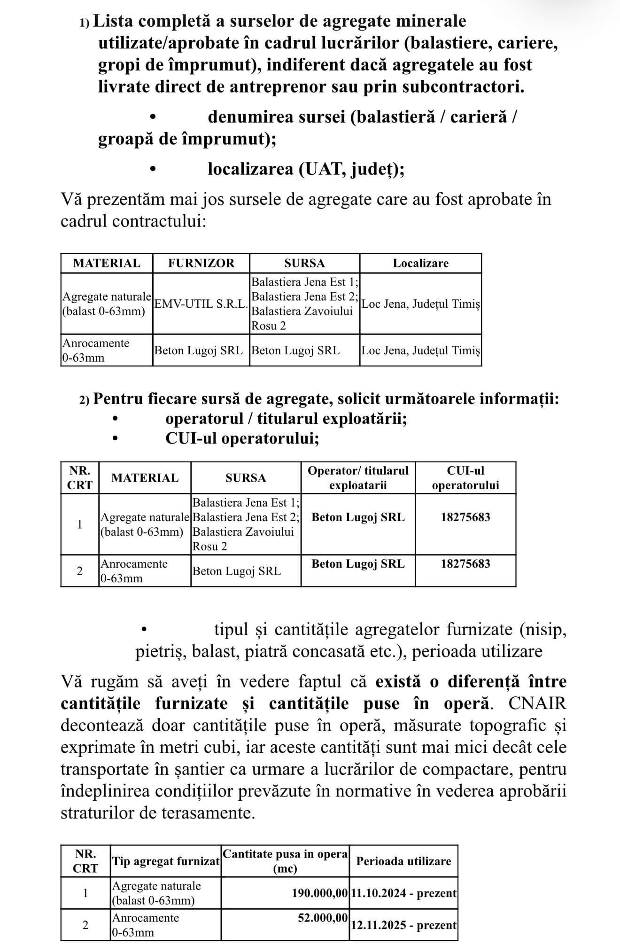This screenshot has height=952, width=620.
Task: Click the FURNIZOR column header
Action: click(201, 263)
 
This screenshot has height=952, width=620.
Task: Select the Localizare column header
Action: click(420, 263)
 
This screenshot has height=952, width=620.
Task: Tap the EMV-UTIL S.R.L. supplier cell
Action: click(201, 304)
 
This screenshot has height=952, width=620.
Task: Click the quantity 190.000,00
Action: click(320, 893)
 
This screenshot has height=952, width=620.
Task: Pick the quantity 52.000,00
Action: click(323, 918)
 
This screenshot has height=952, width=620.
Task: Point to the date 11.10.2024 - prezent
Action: click(403, 893)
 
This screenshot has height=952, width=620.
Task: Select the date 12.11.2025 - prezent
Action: click(403, 925)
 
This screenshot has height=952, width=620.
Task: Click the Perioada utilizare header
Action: click(403, 861)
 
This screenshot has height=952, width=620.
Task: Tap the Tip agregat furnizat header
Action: click(166, 861)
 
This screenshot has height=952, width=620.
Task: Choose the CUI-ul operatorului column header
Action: click(465, 478)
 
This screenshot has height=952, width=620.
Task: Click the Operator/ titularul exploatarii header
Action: click(358, 478)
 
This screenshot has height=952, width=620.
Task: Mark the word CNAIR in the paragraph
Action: click(537, 703)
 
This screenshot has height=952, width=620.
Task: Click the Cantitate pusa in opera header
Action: click(285, 861)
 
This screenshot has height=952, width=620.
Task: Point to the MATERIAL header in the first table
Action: click(107, 263)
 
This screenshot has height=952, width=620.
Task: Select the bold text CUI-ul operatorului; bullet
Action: click(242, 438)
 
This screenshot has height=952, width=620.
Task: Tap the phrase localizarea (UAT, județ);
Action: click(306, 169)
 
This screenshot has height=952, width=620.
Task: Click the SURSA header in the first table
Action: click(304, 263)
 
